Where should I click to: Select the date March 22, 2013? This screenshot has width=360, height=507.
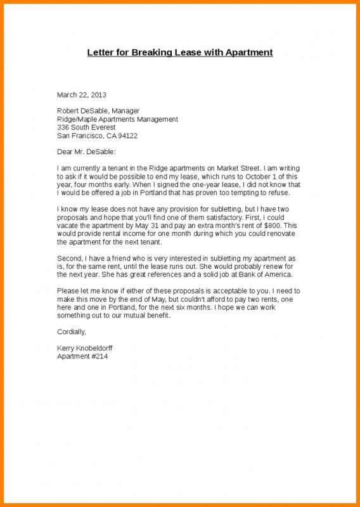82,94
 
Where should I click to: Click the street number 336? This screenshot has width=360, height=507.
64,127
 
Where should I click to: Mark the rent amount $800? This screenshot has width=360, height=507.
267,226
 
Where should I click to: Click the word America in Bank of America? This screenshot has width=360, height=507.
277,274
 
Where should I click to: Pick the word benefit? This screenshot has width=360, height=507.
155,315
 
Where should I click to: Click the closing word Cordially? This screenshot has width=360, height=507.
71,331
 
